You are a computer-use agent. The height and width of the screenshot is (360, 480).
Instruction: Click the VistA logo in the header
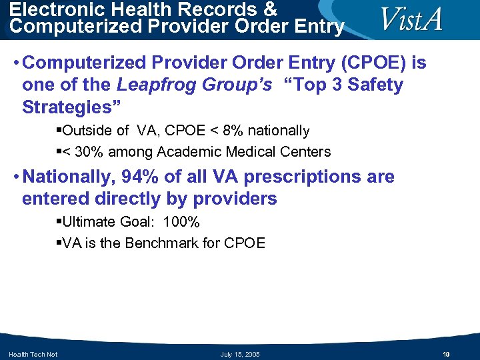click(411, 19)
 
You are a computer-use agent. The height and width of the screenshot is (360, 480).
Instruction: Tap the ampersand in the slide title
click(269, 10)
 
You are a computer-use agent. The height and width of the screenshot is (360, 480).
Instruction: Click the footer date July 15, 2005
click(240, 354)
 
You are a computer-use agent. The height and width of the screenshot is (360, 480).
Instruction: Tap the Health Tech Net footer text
click(33, 354)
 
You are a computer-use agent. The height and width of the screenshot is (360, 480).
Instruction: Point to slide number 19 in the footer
click(446, 354)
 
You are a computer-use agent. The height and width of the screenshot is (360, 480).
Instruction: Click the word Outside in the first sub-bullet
click(87, 131)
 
